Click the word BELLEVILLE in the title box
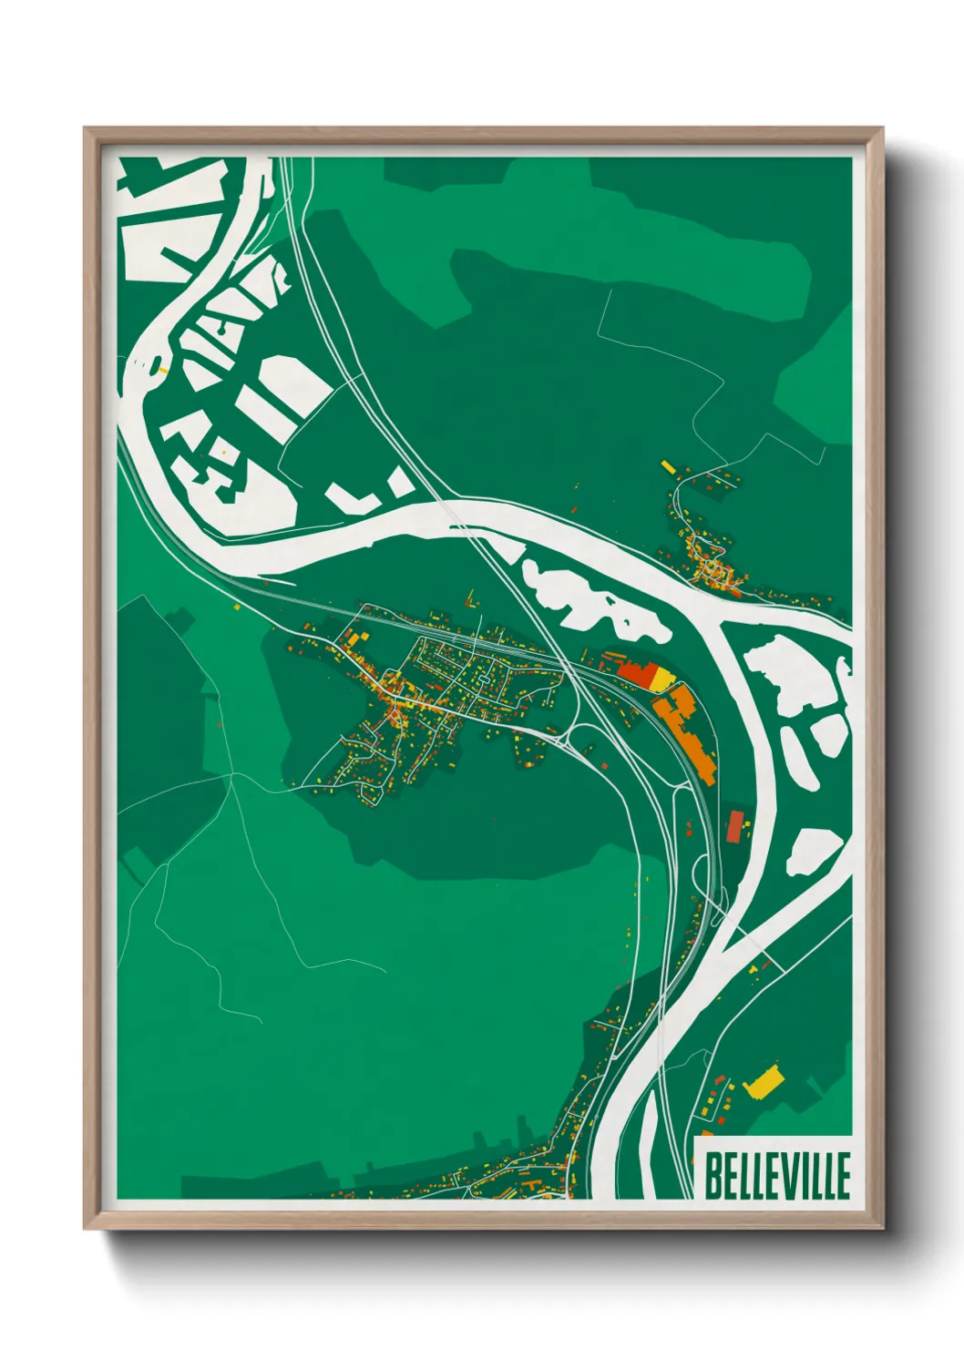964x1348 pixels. (x=777, y=1176)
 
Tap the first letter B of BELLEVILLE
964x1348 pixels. (x=713, y=1176)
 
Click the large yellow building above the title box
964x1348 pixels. (x=764, y=1082)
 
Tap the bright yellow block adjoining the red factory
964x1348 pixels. (x=661, y=679)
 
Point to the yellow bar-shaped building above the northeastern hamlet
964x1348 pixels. (x=668, y=467)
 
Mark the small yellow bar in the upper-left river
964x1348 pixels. (x=163, y=370)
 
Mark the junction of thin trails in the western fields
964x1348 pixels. (x=232, y=775)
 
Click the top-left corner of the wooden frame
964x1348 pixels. (x=86, y=129)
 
